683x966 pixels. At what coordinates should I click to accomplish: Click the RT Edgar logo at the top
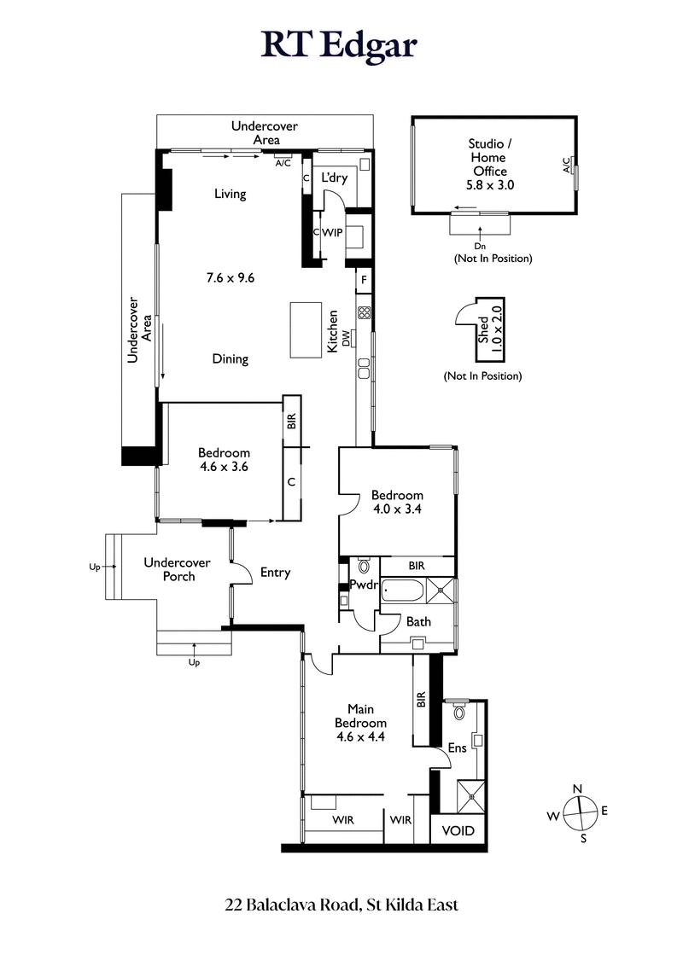pos(339,44)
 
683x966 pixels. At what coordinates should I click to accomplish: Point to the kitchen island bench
pos(303,330)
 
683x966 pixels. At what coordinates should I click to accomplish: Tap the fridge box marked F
pos(364,280)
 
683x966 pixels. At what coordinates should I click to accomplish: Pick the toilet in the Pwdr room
pos(364,565)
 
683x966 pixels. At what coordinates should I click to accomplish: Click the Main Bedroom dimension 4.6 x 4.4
pos(366,736)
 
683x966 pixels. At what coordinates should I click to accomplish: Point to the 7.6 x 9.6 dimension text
pos(231,277)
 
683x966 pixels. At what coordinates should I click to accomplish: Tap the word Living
pos(231,194)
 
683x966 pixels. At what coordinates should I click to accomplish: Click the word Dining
pos(231,359)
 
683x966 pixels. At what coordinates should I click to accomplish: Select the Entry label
pos(275,573)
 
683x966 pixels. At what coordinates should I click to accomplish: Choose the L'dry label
pos(333,178)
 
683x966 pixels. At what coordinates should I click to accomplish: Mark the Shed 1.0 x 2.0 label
pos(492,323)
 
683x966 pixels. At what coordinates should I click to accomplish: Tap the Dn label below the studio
pos(479,246)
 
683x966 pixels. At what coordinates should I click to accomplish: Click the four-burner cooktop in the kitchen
pos(364,312)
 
